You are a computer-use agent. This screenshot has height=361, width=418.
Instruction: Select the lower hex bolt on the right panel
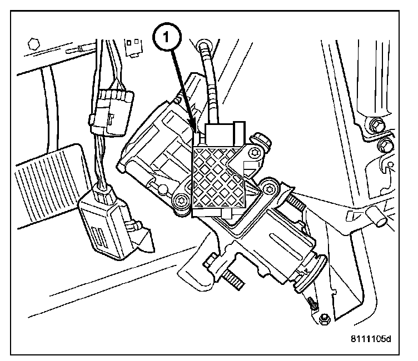384,147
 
